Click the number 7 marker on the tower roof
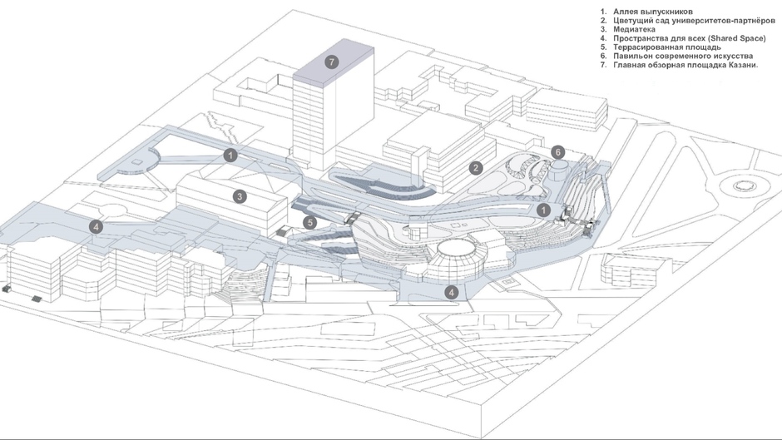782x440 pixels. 332,62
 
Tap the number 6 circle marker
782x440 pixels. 558,152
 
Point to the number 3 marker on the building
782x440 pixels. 240,197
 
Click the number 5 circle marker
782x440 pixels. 309,222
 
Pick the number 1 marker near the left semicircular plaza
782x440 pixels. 230,155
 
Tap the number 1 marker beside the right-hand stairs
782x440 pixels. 542,210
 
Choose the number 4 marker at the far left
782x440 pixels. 97,226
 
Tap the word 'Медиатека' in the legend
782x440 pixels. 635,30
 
